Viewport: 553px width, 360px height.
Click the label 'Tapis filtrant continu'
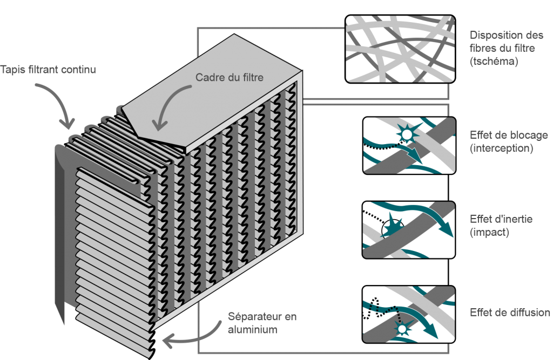point(49,70)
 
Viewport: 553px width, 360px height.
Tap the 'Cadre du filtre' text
point(229,78)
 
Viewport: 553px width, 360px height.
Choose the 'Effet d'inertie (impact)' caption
point(501,225)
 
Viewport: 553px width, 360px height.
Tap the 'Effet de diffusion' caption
point(510,313)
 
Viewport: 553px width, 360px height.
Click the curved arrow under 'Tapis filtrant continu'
point(59,105)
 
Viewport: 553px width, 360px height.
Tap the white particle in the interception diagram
point(407,133)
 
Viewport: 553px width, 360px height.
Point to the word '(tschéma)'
point(494,62)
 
